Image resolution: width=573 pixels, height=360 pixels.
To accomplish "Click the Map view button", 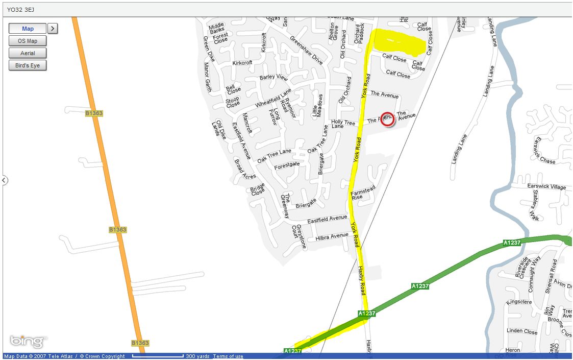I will (x=28, y=29).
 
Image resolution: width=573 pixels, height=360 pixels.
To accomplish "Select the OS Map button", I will (x=28, y=41).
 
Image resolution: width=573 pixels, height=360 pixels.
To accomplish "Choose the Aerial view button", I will (x=28, y=53).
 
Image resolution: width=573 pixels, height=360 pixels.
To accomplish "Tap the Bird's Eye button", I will (x=28, y=65).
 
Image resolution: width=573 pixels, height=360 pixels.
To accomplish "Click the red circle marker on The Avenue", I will (x=387, y=119).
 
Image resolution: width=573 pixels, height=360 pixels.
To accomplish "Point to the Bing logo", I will (x=28, y=341).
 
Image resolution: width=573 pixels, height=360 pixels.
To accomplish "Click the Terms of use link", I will (x=228, y=356).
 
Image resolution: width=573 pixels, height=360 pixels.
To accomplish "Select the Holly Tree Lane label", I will (x=343, y=123).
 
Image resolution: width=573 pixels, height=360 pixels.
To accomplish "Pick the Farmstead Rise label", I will (x=363, y=193).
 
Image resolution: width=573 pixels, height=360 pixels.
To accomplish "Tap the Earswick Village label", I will (x=546, y=187).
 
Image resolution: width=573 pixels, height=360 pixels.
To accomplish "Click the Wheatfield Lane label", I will (x=273, y=97).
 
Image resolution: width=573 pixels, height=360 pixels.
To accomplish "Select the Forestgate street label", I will (x=287, y=165).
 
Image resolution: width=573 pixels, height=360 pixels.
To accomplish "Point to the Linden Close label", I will (x=522, y=331).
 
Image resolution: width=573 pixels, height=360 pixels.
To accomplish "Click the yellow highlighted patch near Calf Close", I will (x=398, y=42).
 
